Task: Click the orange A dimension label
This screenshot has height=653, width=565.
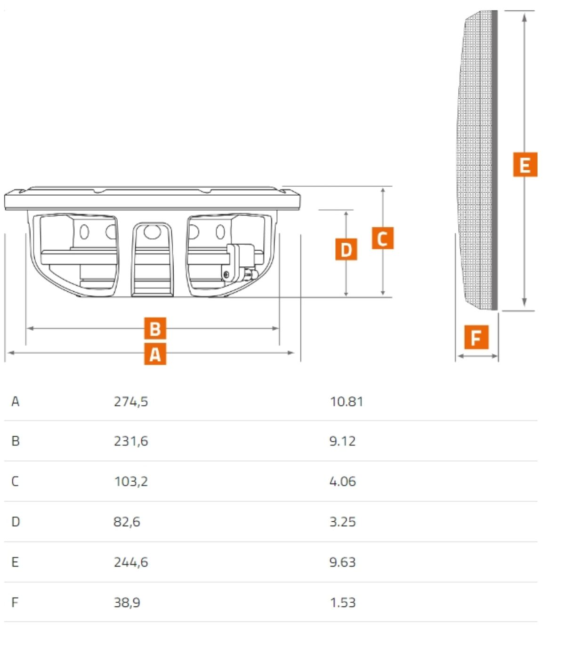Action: point(155,354)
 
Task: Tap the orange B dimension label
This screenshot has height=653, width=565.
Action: point(155,328)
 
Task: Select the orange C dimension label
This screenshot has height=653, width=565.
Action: point(383,238)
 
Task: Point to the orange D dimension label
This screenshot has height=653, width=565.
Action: point(346,249)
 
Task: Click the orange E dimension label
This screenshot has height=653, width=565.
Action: point(525,164)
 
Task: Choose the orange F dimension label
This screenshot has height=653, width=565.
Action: point(476,337)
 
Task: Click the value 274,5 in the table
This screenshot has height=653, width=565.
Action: point(131,402)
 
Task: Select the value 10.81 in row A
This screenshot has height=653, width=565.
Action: point(347,401)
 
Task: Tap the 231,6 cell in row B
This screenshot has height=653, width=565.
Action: point(131,441)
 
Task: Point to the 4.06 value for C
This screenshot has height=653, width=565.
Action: point(342,481)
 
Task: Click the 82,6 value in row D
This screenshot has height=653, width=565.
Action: point(127,522)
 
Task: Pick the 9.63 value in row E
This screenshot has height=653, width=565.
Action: point(342,562)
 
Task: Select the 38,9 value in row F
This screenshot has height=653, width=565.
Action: point(127,603)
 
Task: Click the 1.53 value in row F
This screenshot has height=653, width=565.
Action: point(343,603)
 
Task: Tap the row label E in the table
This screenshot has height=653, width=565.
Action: point(15,562)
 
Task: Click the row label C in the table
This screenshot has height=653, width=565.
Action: point(15,481)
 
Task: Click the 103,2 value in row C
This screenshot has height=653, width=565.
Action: point(131,481)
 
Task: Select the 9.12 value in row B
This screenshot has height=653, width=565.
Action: point(342,441)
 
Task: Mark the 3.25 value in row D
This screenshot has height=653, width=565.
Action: point(342,522)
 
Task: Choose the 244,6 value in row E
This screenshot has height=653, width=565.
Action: point(131,562)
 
